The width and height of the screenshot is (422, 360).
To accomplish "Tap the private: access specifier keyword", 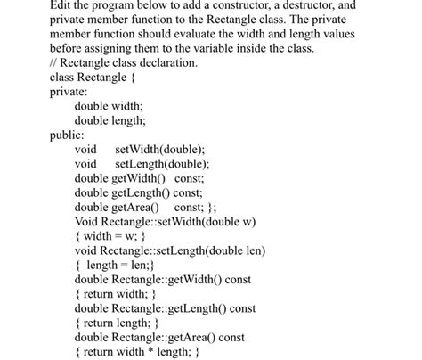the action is (x=69, y=92).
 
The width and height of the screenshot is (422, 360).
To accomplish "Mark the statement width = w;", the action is (x=110, y=235).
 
